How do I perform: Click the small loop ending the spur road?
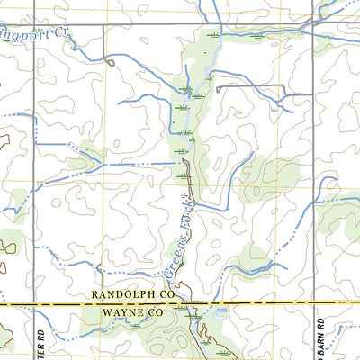click(x=109, y=62)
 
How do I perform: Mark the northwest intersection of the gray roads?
click(x=35, y=24)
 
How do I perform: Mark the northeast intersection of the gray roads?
click(x=312, y=22)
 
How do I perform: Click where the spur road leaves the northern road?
click(x=103, y=24)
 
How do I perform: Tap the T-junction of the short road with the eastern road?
click(x=312, y=93)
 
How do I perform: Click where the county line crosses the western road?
click(x=35, y=304)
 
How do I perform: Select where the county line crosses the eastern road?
click(x=312, y=304)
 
